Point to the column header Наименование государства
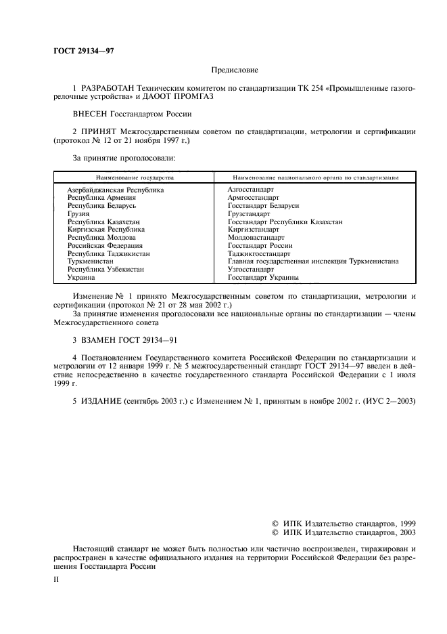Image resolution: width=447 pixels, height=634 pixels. pos(135,177)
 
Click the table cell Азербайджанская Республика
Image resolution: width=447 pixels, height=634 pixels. pos(116,190)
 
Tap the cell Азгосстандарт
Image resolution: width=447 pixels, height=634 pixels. pos(251,190)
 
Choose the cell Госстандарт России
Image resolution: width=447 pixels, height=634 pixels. pos(260,245)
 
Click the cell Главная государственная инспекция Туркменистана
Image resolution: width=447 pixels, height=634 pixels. pos(313,261)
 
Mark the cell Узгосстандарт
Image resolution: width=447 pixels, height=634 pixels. pos(251,269)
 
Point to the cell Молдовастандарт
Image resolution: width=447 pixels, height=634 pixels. pos(256,238)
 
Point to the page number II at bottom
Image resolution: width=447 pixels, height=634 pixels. pos(57,580)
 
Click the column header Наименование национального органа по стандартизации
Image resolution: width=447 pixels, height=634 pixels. pos(315,177)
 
